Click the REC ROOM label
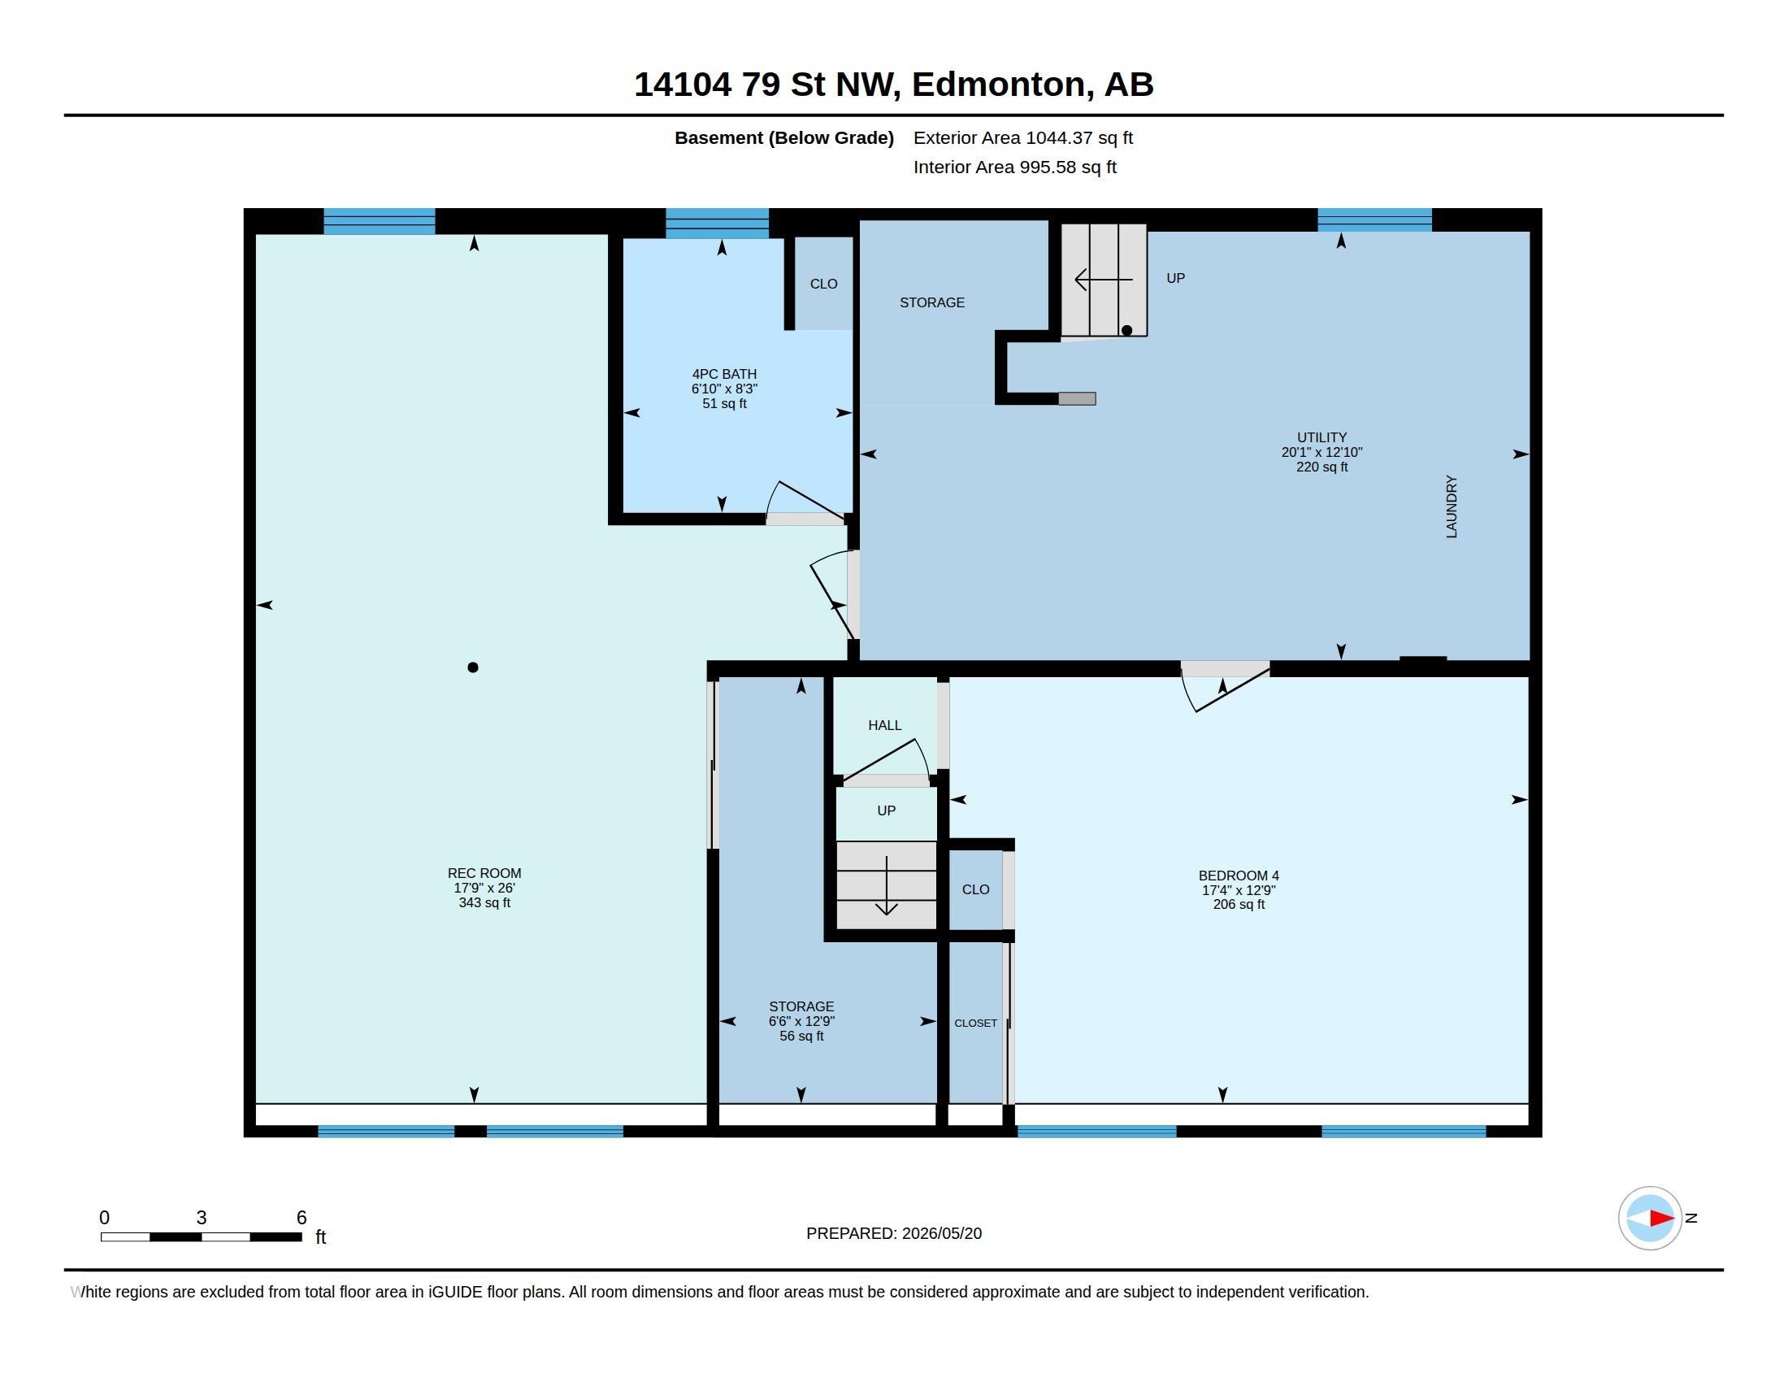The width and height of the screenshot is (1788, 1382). coord(484,873)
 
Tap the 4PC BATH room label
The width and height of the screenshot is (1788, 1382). coord(723,374)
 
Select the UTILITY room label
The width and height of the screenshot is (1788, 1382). coord(1321,437)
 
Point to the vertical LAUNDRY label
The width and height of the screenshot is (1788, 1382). coord(1452,506)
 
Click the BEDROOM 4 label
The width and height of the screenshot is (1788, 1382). coord(1239,876)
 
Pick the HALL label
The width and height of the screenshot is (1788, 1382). coord(884,725)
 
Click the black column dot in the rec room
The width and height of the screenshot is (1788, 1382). coord(472,667)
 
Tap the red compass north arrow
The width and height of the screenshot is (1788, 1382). coord(1661,1218)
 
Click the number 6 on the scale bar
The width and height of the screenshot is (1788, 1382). coord(302,1218)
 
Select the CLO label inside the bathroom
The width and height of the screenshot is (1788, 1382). coord(823,284)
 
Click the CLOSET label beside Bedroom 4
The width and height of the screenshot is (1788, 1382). coord(975,1023)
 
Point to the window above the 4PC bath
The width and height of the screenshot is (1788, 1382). coord(717,223)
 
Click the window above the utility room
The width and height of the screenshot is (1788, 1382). coord(1374,220)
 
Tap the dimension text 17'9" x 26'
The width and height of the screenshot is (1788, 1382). coord(484,888)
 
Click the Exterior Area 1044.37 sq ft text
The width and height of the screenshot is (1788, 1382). coord(1022,137)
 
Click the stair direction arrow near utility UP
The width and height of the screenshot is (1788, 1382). coord(1104,280)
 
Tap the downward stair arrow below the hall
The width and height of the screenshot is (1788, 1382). coord(887,886)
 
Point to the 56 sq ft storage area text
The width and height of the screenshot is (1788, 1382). coord(801,1036)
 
